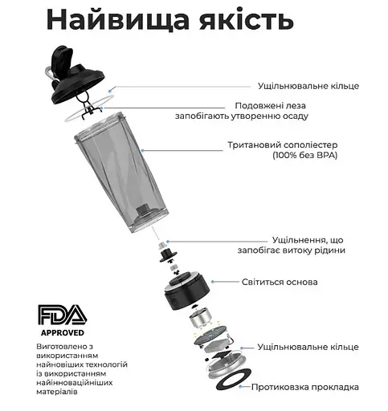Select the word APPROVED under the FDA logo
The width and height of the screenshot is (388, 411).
click(x=61, y=330)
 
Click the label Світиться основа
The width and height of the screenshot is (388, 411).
click(x=280, y=282)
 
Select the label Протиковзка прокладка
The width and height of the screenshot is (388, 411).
click(x=306, y=387)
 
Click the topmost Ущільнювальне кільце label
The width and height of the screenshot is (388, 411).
click(x=308, y=86)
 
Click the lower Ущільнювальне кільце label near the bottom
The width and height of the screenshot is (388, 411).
click(x=308, y=347)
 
